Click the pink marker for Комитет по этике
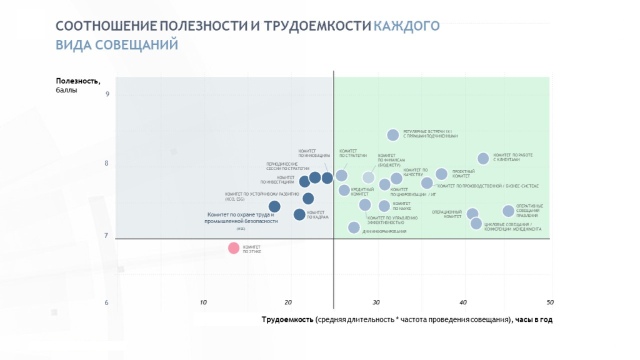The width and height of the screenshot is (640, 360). pyautogui.click(x=234, y=248)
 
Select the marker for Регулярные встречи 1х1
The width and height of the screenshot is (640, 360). pyautogui.click(x=392, y=135)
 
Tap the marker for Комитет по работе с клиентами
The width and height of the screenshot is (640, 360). pyautogui.click(x=483, y=159)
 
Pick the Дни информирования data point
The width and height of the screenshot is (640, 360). pyautogui.click(x=354, y=227)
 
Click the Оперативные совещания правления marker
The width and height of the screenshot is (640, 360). pyautogui.click(x=508, y=211)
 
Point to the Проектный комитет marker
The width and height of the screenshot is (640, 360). pyautogui.click(x=441, y=174)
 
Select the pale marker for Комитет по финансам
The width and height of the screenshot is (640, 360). pyautogui.click(x=369, y=177)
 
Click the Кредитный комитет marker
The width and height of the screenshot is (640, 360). pyautogui.click(x=344, y=191)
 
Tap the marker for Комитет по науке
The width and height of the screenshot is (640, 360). pyautogui.click(x=384, y=206)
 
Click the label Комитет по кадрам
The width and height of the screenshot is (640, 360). pyautogui.click(x=317, y=214)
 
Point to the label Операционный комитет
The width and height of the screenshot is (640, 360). pyautogui.click(x=446, y=214)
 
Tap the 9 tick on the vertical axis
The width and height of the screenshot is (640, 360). pyautogui.click(x=107, y=95)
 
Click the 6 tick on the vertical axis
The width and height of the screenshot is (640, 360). pyautogui.click(x=107, y=303)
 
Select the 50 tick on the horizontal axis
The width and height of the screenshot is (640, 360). pyautogui.click(x=550, y=302)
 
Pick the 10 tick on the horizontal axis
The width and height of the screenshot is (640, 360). pyautogui.click(x=203, y=302)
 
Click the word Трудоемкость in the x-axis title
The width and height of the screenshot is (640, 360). pyautogui.click(x=287, y=319)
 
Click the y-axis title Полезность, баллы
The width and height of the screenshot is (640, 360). pyautogui.click(x=77, y=85)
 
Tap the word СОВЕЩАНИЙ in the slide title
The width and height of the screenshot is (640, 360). pyautogui.click(x=137, y=45)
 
